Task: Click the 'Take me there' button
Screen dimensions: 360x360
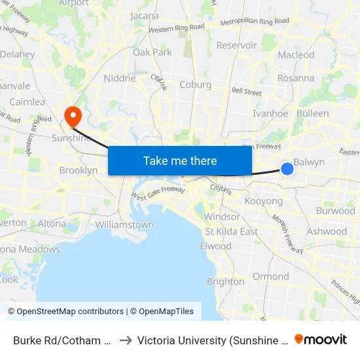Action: [x=180, y=161]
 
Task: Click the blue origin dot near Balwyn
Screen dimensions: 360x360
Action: [x=287, y=170]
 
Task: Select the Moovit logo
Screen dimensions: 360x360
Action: [x=321, y=339]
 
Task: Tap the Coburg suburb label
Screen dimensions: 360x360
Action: [x=195, y=85]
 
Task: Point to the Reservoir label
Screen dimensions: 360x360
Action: [x=236, y=45]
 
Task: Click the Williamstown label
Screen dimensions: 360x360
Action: [x=124, y=225]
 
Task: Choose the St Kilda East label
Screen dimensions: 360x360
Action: [x=232, y=232]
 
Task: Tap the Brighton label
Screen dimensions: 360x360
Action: [x=225, y=281]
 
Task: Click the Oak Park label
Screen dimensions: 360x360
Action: [x=153, y=52]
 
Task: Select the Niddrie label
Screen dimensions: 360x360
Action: [x=120, y=79]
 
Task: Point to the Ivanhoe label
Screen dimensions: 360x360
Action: [x=270, y=113]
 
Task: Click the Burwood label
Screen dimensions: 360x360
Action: [x=335, y=211]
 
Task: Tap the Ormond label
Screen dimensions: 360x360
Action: [x=271, y=276]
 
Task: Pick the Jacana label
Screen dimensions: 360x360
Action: [x=145, y=16]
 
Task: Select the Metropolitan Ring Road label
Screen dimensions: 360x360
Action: [x=255, y=21]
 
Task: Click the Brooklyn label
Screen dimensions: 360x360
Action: [x=78, y=170]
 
